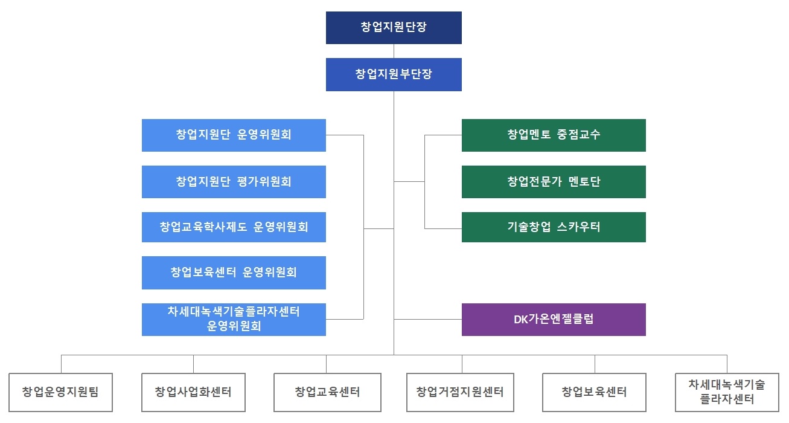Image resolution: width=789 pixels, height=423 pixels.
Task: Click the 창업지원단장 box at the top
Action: (394, 28)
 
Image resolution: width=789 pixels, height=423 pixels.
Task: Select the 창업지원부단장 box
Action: (394, 74)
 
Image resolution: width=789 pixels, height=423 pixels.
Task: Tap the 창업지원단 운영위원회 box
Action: (234, 135)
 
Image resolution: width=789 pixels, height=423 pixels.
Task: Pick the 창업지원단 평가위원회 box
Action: (234, 181)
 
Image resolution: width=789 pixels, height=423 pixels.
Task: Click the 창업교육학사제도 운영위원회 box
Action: (234, 227)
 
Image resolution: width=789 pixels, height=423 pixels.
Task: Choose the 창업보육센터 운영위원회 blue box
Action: (234, 273)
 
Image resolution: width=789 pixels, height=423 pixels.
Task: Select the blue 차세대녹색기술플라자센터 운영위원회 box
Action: (234, 319)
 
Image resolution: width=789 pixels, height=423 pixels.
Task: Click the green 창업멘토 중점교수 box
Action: (554, 135)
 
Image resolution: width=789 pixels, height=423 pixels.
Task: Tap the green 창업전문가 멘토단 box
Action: (554, 181)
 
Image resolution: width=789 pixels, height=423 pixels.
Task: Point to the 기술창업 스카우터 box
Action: (554, 227)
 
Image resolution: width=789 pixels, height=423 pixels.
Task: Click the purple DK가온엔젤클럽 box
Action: (554, 319)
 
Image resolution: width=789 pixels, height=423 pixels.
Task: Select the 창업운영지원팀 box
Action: (60, 392)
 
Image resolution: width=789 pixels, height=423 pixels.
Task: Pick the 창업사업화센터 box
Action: (193, 392)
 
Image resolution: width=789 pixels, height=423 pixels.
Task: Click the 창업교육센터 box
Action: (327, 392)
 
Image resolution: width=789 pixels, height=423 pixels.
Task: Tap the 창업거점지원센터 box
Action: (460, 392)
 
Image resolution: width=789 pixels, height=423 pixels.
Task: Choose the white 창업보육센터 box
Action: (594, 392)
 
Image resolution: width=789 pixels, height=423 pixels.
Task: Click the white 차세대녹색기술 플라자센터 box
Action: (727, 392)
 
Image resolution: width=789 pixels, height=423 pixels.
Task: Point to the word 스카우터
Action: (578, 227)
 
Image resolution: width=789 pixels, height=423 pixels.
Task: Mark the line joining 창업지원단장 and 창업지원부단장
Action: (394, 51)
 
